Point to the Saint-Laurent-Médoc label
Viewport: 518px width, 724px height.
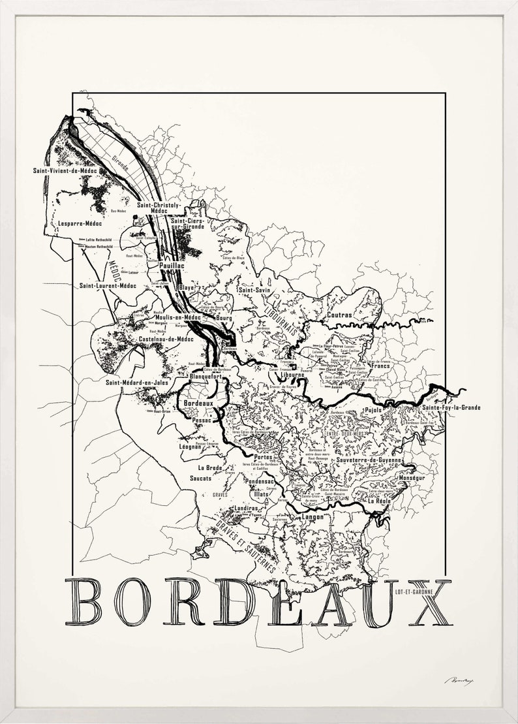[108, 285]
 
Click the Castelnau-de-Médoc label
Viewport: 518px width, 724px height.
[166, 339]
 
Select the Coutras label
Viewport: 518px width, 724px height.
[339, 315]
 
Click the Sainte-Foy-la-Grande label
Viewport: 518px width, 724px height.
[451, 407]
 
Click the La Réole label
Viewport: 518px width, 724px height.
[378, 501]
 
